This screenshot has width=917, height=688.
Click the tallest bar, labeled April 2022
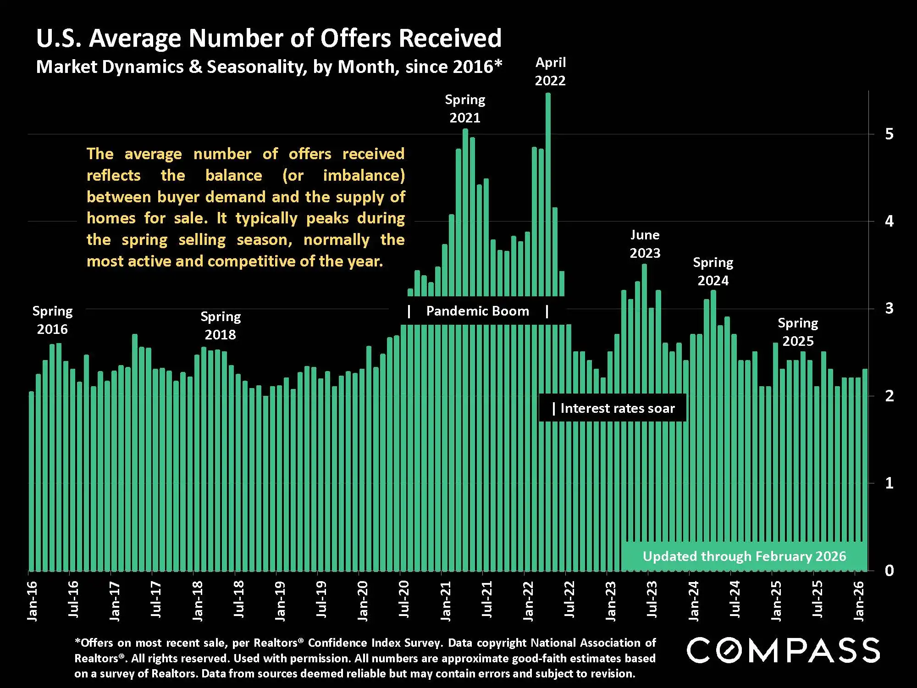[x=548, y=193]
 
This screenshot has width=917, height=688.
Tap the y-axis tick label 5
[x=889, y=134]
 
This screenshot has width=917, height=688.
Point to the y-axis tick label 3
[x=889, y=308]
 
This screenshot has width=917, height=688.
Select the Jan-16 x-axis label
[x=33, y=601]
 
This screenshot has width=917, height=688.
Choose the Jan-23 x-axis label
[x=611, y=601]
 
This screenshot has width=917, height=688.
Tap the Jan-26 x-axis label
[x=859, y=601]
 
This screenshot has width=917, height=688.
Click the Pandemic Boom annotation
[x=477, y=311]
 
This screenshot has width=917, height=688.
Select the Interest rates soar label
[x=617, y=408]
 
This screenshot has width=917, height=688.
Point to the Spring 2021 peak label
[x=465, y=109]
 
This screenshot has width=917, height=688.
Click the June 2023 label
[x=645, y=244]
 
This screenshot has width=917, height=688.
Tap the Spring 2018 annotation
[x=221, y=326]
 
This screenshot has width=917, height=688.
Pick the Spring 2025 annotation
[x=798, y=332]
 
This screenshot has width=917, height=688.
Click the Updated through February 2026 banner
[x=744, y=556]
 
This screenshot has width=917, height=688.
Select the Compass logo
[x=783, y=650]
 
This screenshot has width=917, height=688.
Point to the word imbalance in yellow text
[x=364, y=175]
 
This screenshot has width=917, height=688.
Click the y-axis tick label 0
[x=889, y=571]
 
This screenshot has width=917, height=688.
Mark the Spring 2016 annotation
[x=52, y=320]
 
